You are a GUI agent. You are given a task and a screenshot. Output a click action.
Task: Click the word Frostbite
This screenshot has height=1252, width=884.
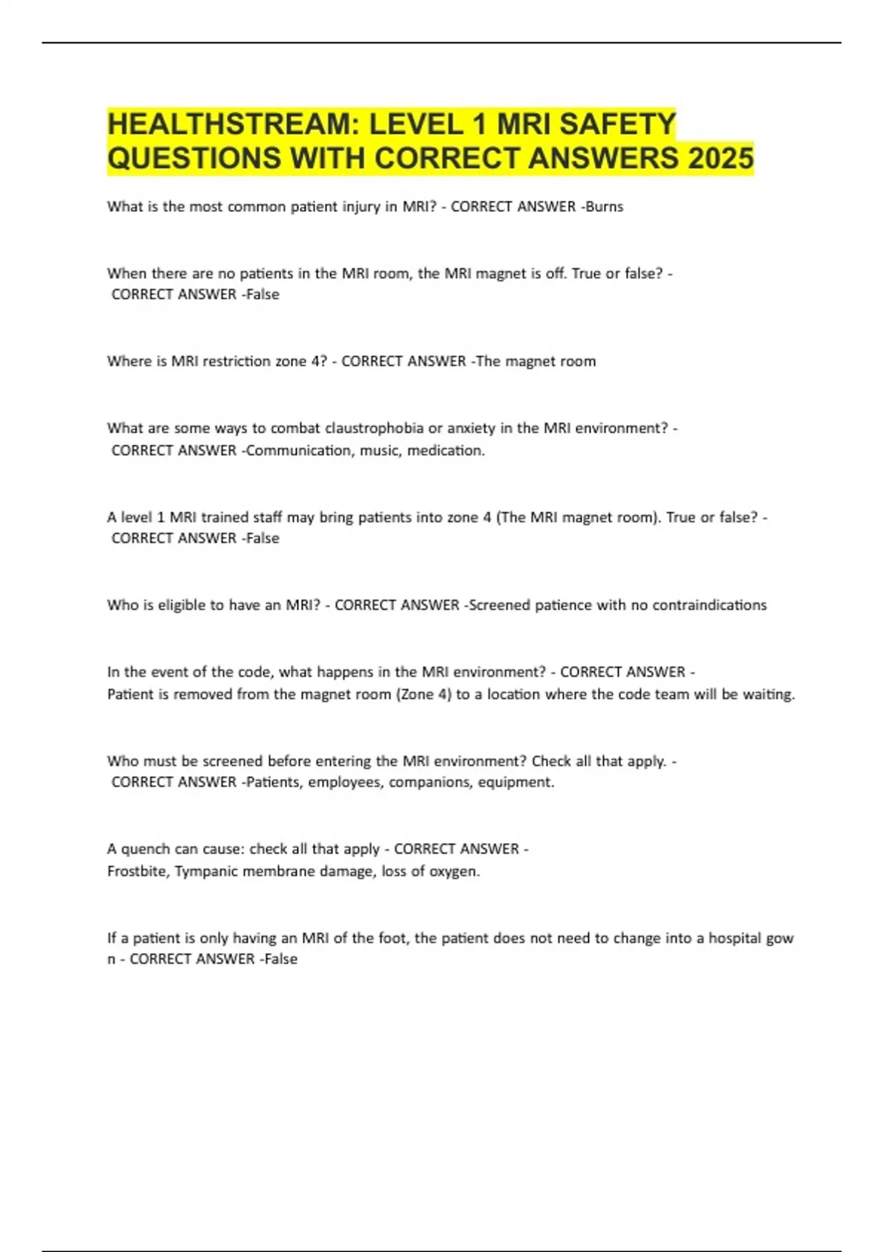(137, 872)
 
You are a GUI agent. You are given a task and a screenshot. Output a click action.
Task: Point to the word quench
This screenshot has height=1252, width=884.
(145, 849)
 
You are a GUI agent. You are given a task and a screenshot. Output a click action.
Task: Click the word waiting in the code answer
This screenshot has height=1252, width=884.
(768, 694)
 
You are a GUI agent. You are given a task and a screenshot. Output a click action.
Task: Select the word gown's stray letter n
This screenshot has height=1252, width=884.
(111, 960)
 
